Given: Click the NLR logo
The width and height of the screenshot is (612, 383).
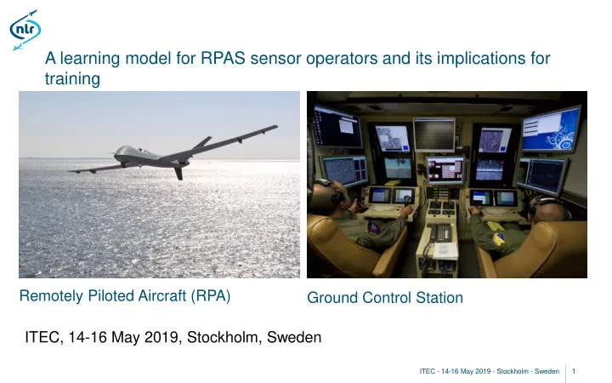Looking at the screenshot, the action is tap(25, 30).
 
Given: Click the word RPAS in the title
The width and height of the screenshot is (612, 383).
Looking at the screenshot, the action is tap(223, 58).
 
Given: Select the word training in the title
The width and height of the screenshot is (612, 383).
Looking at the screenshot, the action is tap(72, 79).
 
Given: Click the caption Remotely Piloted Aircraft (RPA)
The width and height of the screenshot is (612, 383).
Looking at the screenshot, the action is tap(125, 296).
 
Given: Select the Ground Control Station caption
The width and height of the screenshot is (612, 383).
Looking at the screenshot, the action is tap(385, 298).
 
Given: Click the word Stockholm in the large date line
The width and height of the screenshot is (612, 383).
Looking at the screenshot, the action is tap(223, 337).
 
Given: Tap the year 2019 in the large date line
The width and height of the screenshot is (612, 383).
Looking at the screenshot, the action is tap(161, 337).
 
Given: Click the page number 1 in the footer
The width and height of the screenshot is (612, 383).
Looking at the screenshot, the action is tap(574, 371).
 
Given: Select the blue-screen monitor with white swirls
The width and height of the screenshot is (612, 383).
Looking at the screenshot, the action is tap(550, 129).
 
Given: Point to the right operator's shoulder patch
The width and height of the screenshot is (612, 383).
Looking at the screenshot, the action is tap(498, 238).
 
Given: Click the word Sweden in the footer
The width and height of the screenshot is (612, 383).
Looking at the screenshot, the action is tap(547, 371).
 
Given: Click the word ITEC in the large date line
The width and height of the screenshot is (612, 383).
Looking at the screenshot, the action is tap(42, 337).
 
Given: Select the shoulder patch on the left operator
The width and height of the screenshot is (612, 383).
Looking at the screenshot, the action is tap(373, 227).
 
